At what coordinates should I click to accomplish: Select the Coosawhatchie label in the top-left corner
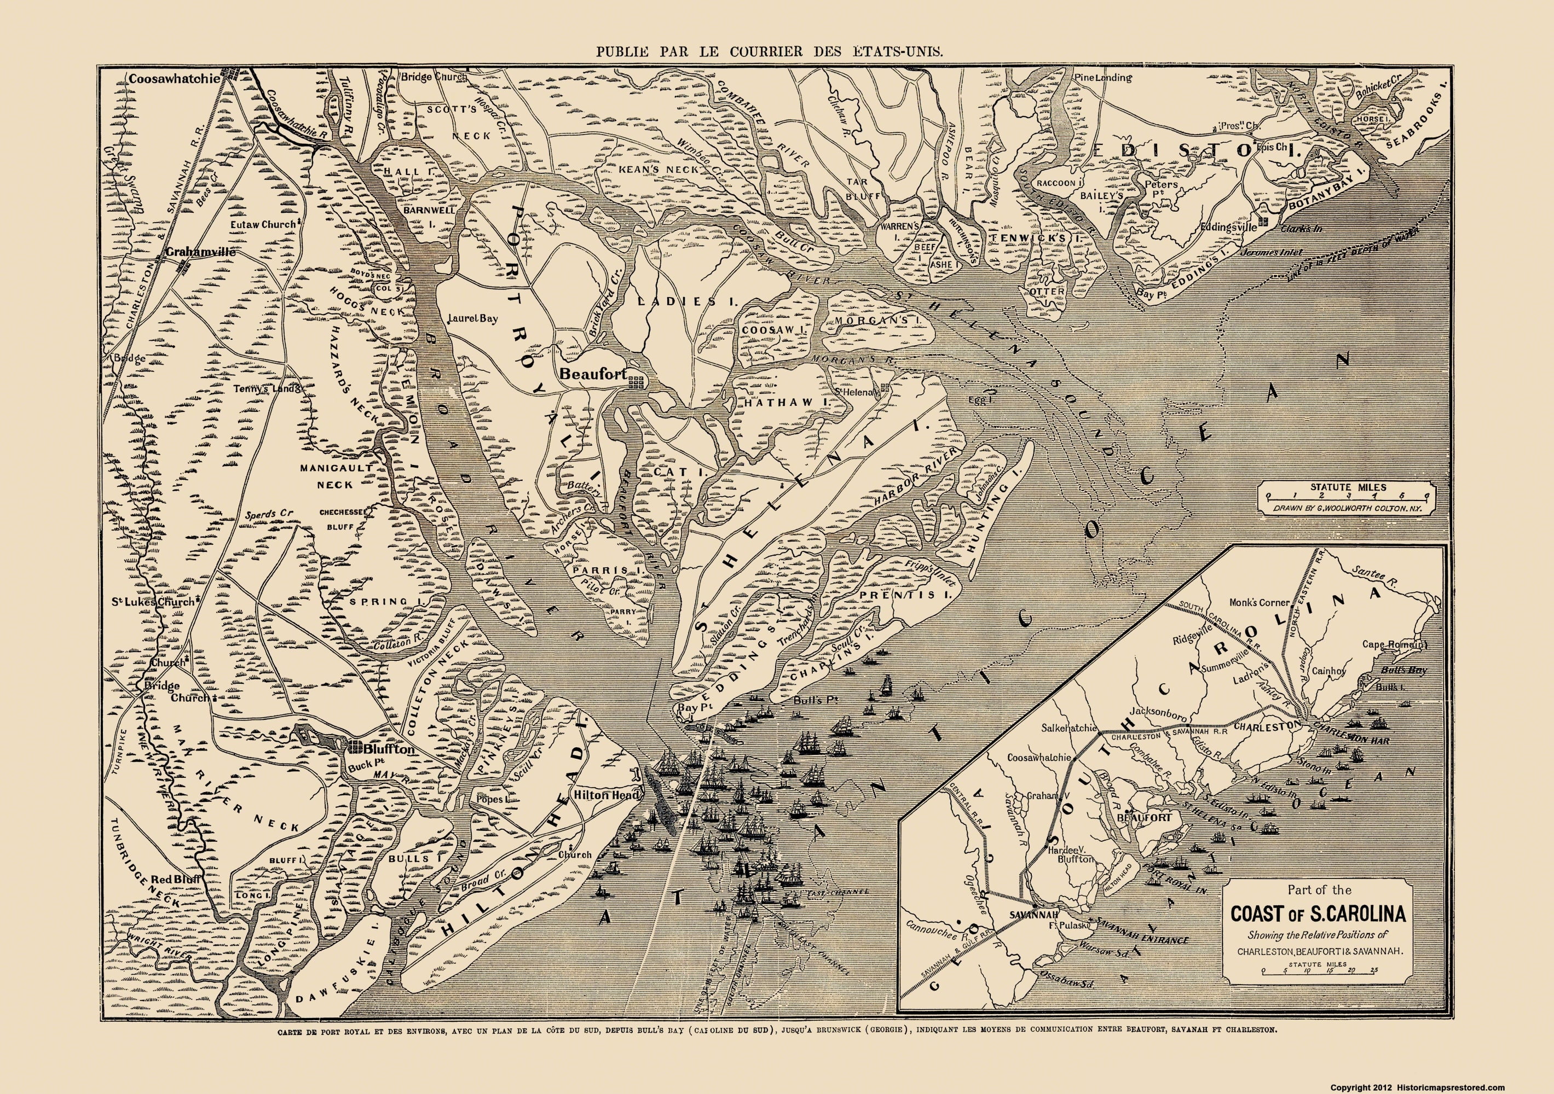coord(175,78)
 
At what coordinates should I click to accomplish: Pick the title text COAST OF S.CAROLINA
coord(1317,914)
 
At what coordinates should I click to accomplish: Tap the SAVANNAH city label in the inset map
coord(1015,916)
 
